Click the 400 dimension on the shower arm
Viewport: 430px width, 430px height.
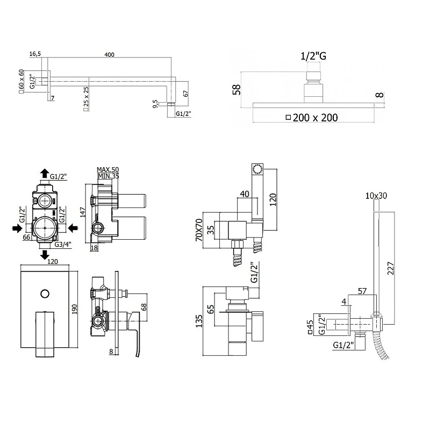click(109, 55)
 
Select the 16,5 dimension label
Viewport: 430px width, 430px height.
click(35, 54)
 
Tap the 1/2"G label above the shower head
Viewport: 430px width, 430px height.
click(313, 56)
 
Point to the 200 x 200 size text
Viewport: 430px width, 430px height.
click(316, 118)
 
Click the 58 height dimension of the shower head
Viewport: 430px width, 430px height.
click(236, 89)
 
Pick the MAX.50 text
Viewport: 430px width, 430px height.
click(108, 170)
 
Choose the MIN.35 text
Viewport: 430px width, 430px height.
click(109, 176)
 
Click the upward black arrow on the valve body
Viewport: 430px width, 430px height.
click(45, 174)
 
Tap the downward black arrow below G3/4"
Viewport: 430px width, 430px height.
click(45, 255)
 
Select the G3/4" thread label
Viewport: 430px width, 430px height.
click(63, 245)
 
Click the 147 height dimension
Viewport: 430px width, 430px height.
click(83, 212)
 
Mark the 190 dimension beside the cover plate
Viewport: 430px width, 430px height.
click(74, 309)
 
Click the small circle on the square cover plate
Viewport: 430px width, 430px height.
click(45, 293)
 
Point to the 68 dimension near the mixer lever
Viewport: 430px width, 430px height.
click(144, 306)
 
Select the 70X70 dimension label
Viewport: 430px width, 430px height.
click(199, 230)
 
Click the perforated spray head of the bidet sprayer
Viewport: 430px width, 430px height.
click(257, 169)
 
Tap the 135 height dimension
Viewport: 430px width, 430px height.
click(199, 321)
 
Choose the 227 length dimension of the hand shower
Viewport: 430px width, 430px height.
click(391, 268)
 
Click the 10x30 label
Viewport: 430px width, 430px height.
click(376, 196)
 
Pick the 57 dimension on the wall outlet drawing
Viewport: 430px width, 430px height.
click(362, 291)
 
